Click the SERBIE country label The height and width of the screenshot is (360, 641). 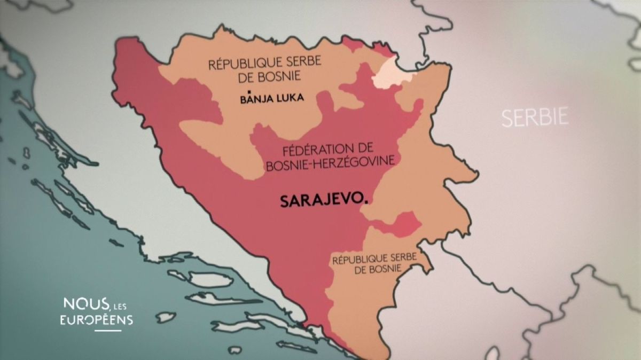535,117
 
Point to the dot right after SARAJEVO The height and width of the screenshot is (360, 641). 366,202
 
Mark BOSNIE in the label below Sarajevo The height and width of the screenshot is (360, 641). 384,269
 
